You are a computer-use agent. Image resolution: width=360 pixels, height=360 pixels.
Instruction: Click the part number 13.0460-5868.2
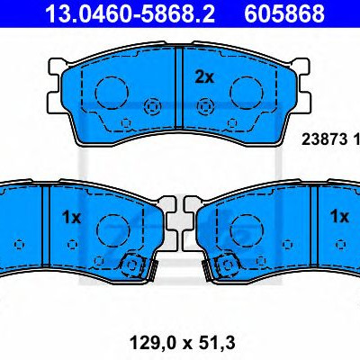click(x=130, y=13)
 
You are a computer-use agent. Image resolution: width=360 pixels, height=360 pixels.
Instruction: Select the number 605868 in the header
click(x=284, y=13)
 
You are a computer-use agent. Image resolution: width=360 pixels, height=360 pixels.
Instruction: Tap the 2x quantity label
click(x=204, y=77)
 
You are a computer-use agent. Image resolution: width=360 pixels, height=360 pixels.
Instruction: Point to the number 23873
click(x=324, y=139)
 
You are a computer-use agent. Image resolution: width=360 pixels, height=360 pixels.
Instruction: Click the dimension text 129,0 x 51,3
click(x=183, y=343)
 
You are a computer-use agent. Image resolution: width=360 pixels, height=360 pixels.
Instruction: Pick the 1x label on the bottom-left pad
click(x=71, y=217)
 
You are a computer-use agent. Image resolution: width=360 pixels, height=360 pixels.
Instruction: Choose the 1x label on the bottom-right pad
click(x=339, y=216)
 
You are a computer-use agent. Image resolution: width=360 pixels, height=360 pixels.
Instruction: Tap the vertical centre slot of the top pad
click(x=179, y=87)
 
